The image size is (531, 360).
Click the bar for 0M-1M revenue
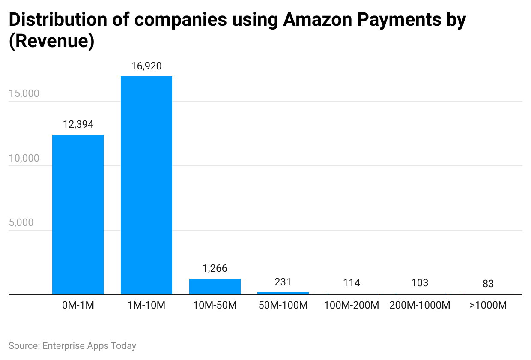[78, 214]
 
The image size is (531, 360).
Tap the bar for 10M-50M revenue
[215, 287]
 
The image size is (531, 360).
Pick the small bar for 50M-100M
[283, 293]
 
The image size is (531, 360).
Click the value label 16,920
[146, 66]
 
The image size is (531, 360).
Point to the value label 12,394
[78, 124]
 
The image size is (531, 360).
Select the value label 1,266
[215, 268]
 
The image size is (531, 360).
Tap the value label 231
[283, 282]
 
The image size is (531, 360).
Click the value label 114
[352, 283]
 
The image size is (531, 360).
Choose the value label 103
[420, 283]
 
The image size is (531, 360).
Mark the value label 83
[488, 284]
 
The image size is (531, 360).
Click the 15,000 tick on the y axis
[24, 93]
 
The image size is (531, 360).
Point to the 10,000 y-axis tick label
[24, 158]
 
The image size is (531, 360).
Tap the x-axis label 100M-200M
[352, 306]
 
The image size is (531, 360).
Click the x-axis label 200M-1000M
[420, 306]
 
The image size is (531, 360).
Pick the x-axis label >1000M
[488, 306]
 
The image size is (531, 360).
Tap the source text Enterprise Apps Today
[89, 345]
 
